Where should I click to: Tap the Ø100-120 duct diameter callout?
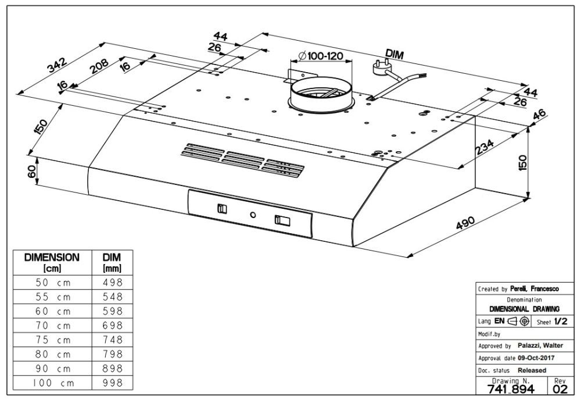(320, 56)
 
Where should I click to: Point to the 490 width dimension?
(465, 224)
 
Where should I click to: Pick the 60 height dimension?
(33, 172)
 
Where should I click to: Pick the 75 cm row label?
(52, 340)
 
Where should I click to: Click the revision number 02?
(560, 389)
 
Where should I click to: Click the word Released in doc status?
(532, 370)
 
